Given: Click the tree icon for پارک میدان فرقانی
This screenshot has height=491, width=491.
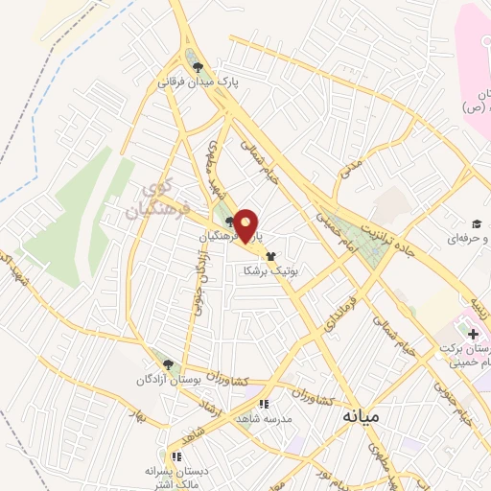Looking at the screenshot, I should (199, 67).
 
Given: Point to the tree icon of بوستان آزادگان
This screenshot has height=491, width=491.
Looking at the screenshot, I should (169, 364).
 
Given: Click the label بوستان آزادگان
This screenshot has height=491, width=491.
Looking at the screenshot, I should (168, 381).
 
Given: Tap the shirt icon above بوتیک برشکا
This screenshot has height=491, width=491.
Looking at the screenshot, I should (270, 256).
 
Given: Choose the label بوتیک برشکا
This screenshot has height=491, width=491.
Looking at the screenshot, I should (270, 271).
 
